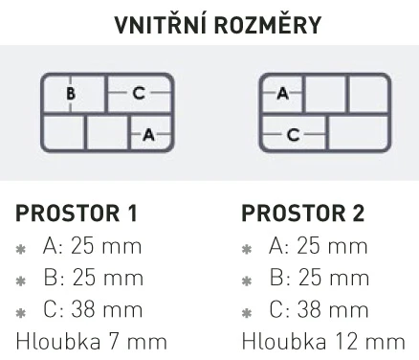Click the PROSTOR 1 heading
(x=77, y=214)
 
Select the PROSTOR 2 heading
(x=303, y=214)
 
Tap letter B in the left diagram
(x=71, y=94)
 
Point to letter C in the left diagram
(x=139, y=94)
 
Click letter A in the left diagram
(x=149, y=134)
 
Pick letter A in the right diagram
(x=283, y=94)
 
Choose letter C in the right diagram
(x=294, y=134)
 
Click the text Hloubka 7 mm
(x=92, y=341)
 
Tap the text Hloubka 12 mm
(x=323, y=341)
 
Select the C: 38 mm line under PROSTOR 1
(x=93, y=309)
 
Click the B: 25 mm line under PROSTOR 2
(x=320, y=278)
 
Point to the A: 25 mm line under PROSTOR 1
(x=92, y=246)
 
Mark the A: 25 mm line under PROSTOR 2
(x=319, y=246)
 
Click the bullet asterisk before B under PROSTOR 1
(x=21, y=281)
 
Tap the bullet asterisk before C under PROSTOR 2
(x=247, y=313)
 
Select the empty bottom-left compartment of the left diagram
(x=64, y=132)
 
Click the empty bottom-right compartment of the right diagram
(x=358, y=132)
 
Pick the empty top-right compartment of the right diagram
(x=368, y=94)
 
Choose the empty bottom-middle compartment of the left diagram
(x=107, y=132)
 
